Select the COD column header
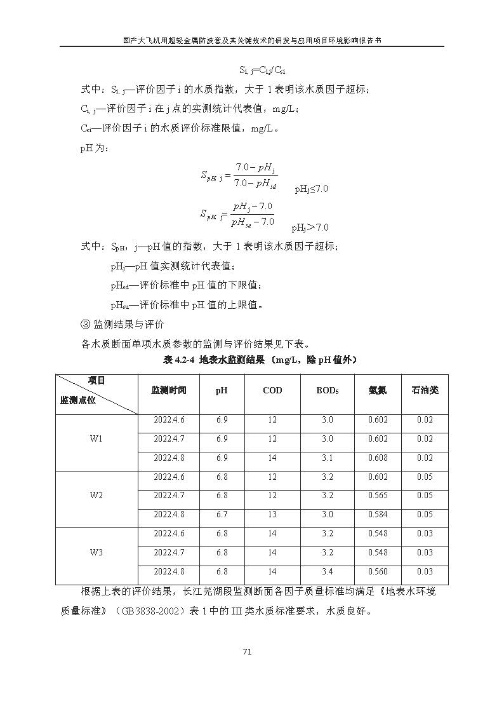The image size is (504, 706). point(272,390)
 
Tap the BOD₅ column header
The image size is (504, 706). point(327,390)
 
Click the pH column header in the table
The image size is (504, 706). point(222,390)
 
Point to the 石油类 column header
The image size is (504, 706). point(425,390)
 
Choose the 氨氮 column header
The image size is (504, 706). point(378,390)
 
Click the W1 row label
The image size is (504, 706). point(96,439)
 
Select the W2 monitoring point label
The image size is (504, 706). point(96,496)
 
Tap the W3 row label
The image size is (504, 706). point(96,552)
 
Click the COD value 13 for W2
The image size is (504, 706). point(272,515)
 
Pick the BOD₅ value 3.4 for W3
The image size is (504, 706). point(327,571)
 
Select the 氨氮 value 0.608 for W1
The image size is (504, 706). point(378,458)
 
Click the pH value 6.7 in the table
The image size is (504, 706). point(222,515)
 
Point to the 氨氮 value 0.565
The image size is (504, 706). point(378,496)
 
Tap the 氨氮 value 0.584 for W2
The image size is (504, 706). point(378,515)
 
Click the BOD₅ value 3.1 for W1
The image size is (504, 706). point(327,458)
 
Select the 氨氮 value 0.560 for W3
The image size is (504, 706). point(378,571)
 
